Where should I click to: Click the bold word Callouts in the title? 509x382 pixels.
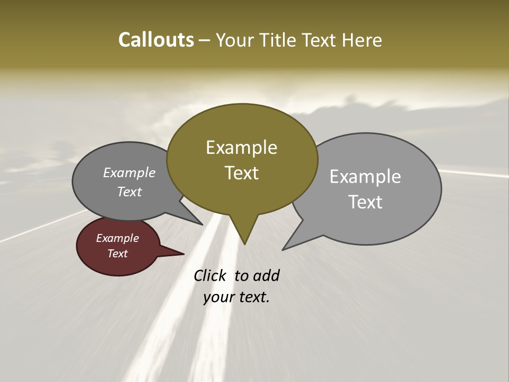pos(156,40)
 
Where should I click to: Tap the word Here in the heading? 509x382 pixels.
pos(363,40)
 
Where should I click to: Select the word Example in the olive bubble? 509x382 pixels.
pos(241,147)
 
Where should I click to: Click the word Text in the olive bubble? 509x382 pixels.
pos(241,173)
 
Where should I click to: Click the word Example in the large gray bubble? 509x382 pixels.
pos(365,177)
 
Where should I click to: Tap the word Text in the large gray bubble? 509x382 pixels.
pos(365,202)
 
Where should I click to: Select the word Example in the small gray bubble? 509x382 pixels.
pos(129,173)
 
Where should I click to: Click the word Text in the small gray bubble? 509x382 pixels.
pos(129,192)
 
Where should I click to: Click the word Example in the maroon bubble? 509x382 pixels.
pos(117,238)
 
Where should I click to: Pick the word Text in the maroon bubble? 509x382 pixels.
pos(117,254)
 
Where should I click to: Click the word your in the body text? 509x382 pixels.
pos(218,297)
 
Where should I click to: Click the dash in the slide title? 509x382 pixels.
pos(205,40)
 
